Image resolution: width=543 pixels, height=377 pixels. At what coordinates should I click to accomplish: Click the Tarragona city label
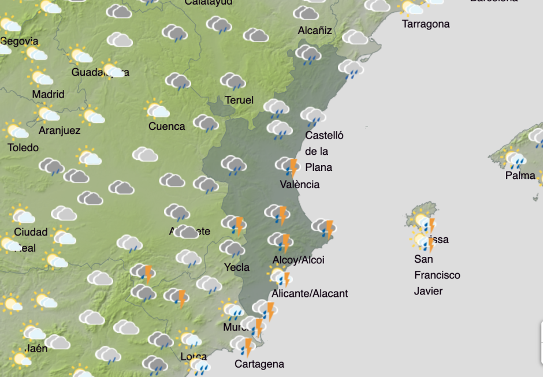coord(426,24)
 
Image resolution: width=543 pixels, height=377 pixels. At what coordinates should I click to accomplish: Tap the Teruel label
coord(239,100)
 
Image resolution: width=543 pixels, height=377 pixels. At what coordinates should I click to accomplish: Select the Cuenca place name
coord(167,126)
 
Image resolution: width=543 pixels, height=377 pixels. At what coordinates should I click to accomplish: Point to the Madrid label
coord(48,94)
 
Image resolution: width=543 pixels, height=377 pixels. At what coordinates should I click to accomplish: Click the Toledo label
coord(23,148)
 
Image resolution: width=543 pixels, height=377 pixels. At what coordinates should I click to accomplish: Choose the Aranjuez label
coord(59,130)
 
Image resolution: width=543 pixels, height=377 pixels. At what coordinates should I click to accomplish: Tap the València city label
coord(299,185)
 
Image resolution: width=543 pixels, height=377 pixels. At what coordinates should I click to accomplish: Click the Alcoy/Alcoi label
coord(298,260)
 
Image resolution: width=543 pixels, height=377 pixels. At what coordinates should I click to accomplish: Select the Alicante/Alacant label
coord(310,293)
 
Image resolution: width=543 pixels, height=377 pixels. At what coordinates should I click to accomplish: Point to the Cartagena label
coord(259,364)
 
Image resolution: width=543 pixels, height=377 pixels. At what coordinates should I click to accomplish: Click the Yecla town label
coord(237,267)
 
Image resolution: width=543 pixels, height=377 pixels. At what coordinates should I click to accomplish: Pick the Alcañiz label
coord(315,31)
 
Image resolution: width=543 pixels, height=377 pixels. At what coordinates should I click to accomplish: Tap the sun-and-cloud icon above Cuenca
coord(157,110)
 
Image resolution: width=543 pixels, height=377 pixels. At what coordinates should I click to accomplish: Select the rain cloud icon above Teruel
coord(233,81)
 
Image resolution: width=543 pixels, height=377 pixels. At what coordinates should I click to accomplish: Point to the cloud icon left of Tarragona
coord(355,38)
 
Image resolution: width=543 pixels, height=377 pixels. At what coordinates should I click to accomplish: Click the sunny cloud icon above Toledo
coord(16,130)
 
